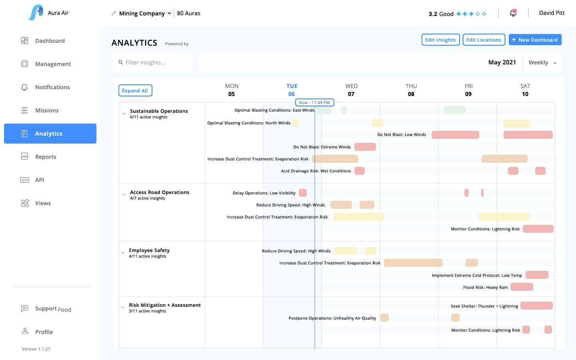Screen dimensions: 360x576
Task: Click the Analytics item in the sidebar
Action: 50,134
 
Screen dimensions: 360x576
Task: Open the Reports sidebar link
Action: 45,157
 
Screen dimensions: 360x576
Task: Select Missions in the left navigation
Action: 46,110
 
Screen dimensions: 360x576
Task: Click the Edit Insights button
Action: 440,40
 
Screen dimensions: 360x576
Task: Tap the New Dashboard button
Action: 535,40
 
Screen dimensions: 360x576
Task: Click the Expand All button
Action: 135,91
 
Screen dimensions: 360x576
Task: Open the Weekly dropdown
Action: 542,62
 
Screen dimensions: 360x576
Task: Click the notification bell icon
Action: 513,13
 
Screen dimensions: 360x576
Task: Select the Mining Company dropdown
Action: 145,13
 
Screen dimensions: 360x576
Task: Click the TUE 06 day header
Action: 292,90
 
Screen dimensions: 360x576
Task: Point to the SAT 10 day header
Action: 525,90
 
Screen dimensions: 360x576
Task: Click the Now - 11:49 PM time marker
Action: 314,102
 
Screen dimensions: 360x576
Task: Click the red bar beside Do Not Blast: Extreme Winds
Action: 365,147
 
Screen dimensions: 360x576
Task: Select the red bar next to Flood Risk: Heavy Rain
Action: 522,287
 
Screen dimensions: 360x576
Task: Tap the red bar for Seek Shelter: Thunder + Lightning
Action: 536,306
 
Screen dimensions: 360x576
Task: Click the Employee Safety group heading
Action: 149,250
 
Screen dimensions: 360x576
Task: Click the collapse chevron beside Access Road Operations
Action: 124,195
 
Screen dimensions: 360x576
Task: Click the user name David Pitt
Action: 552,13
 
